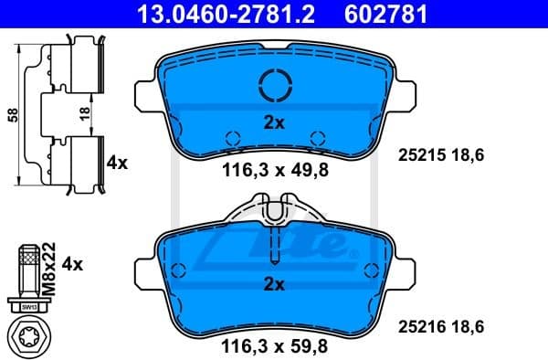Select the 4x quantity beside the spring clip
pyautogui.click(x=117, y=163)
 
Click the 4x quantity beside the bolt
pyautogui.click(x=72, y=264)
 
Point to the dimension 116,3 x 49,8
pyautogui.click(x=275, y=168)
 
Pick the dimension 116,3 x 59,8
pyautogui.click(x=275, y=345)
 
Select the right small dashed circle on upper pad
pyautogui.click(x=317, y=139)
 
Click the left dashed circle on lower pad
pyautogui.click(x=179, y=270)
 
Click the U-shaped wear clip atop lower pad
pyautogui.click(x=275, y=212)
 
